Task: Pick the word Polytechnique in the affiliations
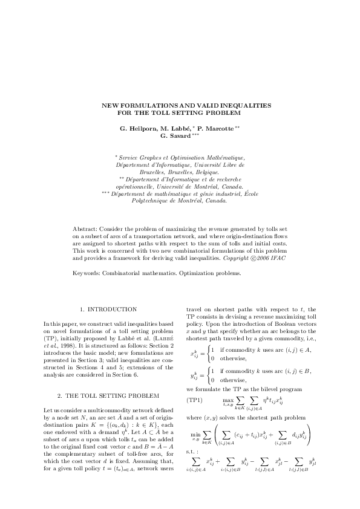tap(151, 201)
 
